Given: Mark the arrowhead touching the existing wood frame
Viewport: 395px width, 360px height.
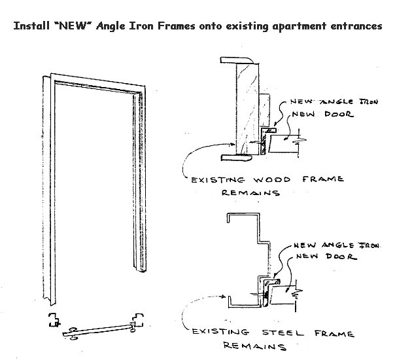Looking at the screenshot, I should [230, 145].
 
